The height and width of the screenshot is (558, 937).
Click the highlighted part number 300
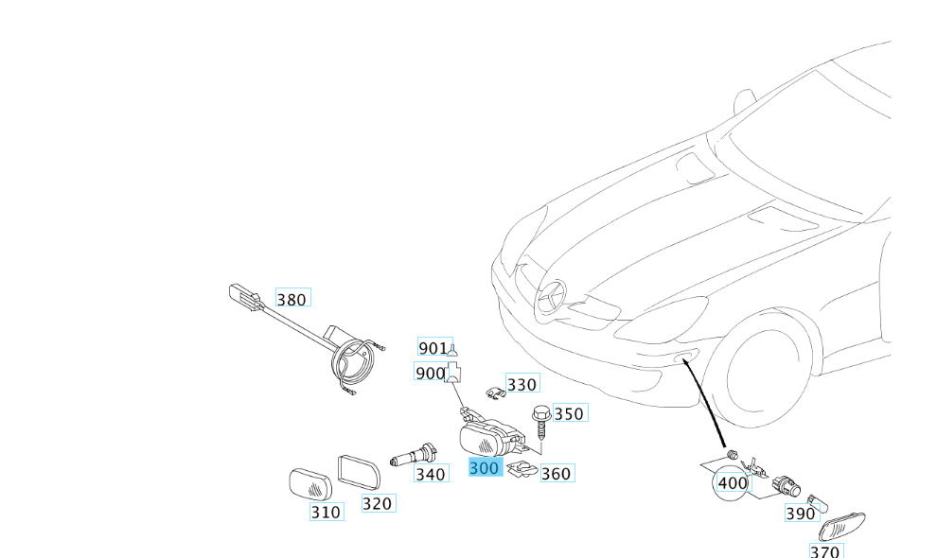click(x=485, y=468)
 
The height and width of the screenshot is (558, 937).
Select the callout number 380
click(x=292, y=300)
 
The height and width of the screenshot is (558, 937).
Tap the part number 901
click(x=433, y=348)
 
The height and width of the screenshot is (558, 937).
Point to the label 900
click(x=430, y=374)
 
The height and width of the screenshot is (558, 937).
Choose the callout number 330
click(x=522, y=384)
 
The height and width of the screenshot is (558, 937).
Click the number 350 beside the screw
click(x=569, y=413)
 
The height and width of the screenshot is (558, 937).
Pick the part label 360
click(x=556, y=473)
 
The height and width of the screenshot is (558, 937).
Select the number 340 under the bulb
click(x=431, y=474)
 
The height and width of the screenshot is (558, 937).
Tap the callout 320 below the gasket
click(x=377, y=503)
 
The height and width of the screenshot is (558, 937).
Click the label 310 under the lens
click(x=325, y=513)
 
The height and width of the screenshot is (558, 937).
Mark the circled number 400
click(x=733, y=482)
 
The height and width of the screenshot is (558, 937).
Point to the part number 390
click(x=800, y=514)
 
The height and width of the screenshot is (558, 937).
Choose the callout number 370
click(x=825, y=550)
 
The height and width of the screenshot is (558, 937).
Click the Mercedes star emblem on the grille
click(x=553, y=299)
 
